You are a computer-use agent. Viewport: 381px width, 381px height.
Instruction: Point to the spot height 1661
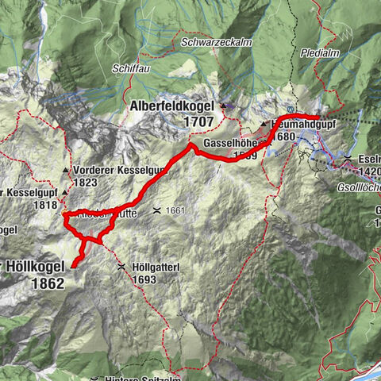[x=175, y=210]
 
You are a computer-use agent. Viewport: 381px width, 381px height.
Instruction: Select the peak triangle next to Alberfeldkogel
[x=225, y=106]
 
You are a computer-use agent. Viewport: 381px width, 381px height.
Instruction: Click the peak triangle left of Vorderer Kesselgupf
[x=65, y=171]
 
